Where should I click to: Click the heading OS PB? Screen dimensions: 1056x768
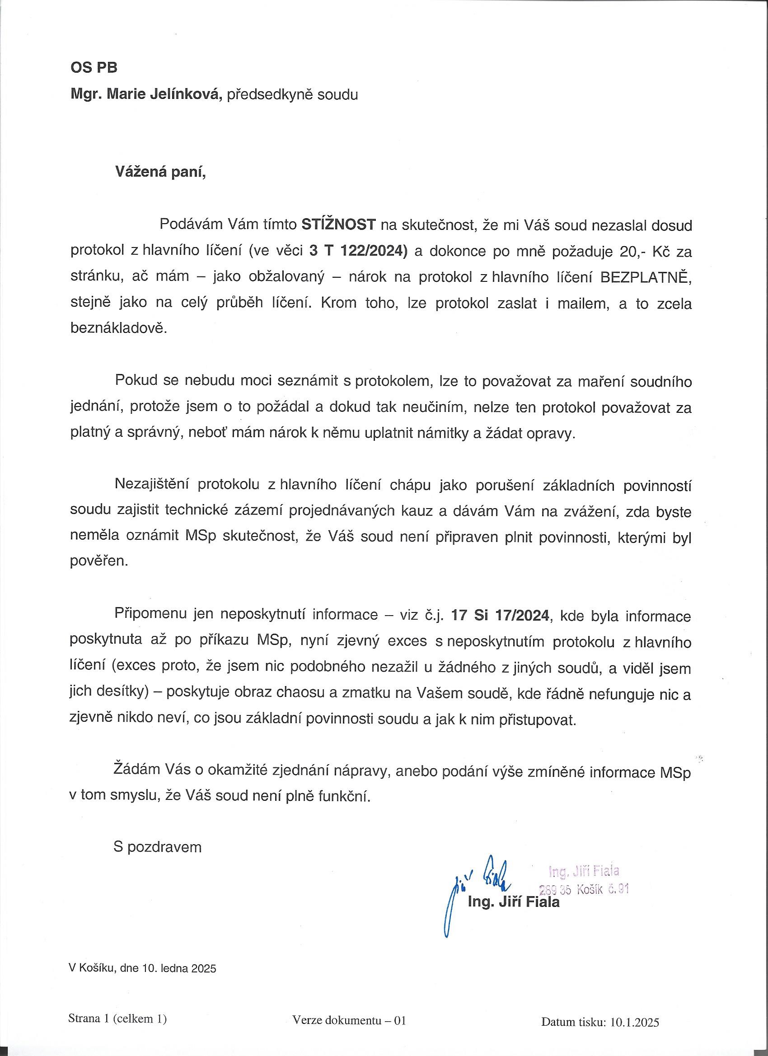click(x=94, y=68)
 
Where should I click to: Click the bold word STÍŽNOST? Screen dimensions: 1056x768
click(x=338, y=225)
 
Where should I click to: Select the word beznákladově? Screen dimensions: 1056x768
click(x=118, y=329)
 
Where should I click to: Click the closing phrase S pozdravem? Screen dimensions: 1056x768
click(x=157, y=846)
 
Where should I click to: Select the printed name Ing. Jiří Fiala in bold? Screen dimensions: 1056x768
click(x=513, y=902)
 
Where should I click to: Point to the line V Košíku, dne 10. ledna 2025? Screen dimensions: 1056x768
click(x=142, y=968)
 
